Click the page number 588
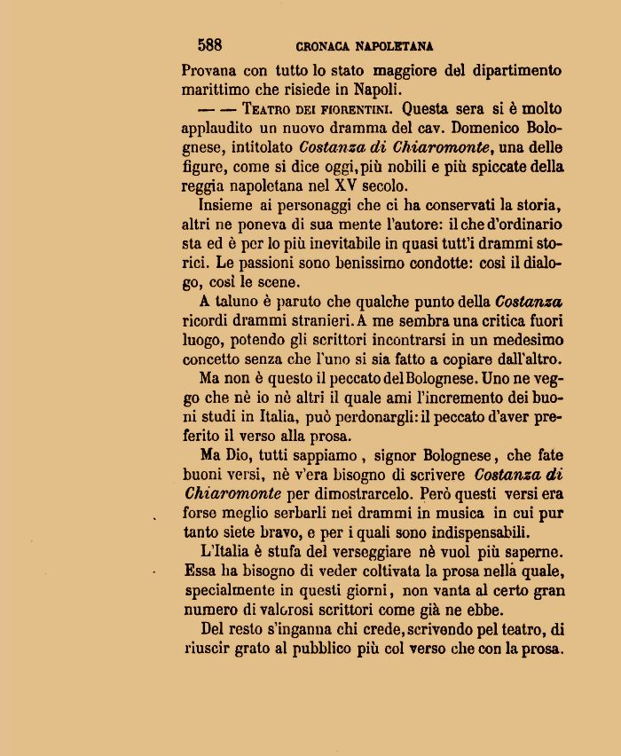(x=210, y=44)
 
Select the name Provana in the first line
(x=210, y=70)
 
